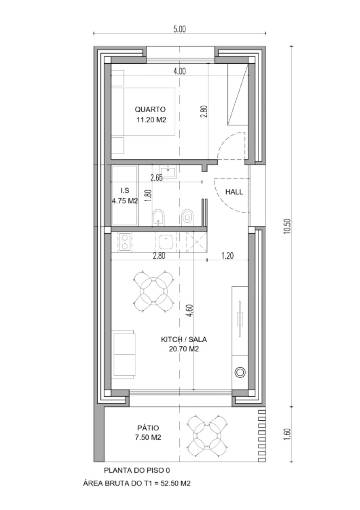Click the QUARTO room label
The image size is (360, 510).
tap(150, 110)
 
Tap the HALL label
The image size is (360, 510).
tap(234, 192)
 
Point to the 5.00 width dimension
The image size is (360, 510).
tap(180, 29)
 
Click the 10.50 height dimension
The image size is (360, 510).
tap(288, 226)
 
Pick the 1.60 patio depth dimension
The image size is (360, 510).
tap(288, 435)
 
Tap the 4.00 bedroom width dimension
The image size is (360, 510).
tap(180, 72)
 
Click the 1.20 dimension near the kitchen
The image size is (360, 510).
tap(228, 256)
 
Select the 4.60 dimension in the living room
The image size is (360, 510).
tap(191, 311)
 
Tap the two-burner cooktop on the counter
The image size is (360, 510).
tap(125, 242)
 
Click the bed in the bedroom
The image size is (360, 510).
tap(143, 112)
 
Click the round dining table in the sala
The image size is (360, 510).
tap(154, 291)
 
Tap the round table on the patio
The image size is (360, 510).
tap(207, 435)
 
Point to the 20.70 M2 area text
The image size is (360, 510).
tap(184, 349)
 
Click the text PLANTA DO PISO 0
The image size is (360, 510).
tap(137, 470)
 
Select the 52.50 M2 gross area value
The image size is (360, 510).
tap(175, 483)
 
